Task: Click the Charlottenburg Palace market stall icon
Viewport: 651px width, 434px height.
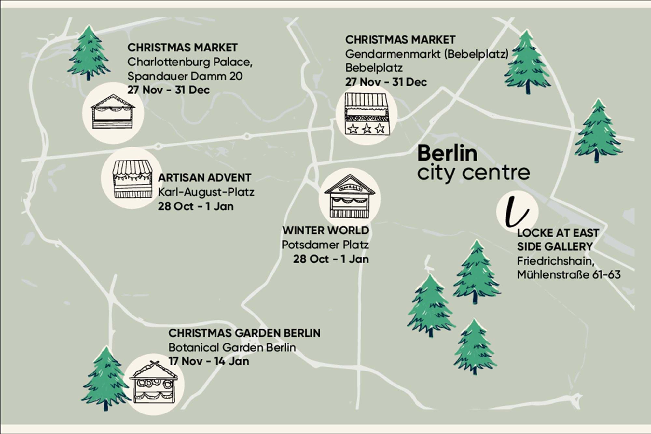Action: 113,113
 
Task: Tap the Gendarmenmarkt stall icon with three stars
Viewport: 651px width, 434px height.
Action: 367,114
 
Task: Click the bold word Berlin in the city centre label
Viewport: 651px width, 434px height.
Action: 447,153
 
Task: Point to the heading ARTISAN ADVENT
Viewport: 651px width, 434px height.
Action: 204,178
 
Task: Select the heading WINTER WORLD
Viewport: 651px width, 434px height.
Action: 325,231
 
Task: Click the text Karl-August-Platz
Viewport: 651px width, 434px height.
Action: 206,192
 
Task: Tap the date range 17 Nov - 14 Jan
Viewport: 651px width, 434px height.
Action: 209,361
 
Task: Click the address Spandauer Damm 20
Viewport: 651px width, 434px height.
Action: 185,76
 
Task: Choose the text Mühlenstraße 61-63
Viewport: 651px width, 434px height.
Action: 569,274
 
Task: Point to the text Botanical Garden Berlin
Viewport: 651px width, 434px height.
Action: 232,347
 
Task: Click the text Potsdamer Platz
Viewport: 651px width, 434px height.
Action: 325,245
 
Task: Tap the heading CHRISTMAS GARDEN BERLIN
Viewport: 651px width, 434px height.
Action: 244,333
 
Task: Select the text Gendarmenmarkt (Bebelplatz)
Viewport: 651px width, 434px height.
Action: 427,54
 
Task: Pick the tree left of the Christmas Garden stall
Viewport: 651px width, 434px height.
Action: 105,378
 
